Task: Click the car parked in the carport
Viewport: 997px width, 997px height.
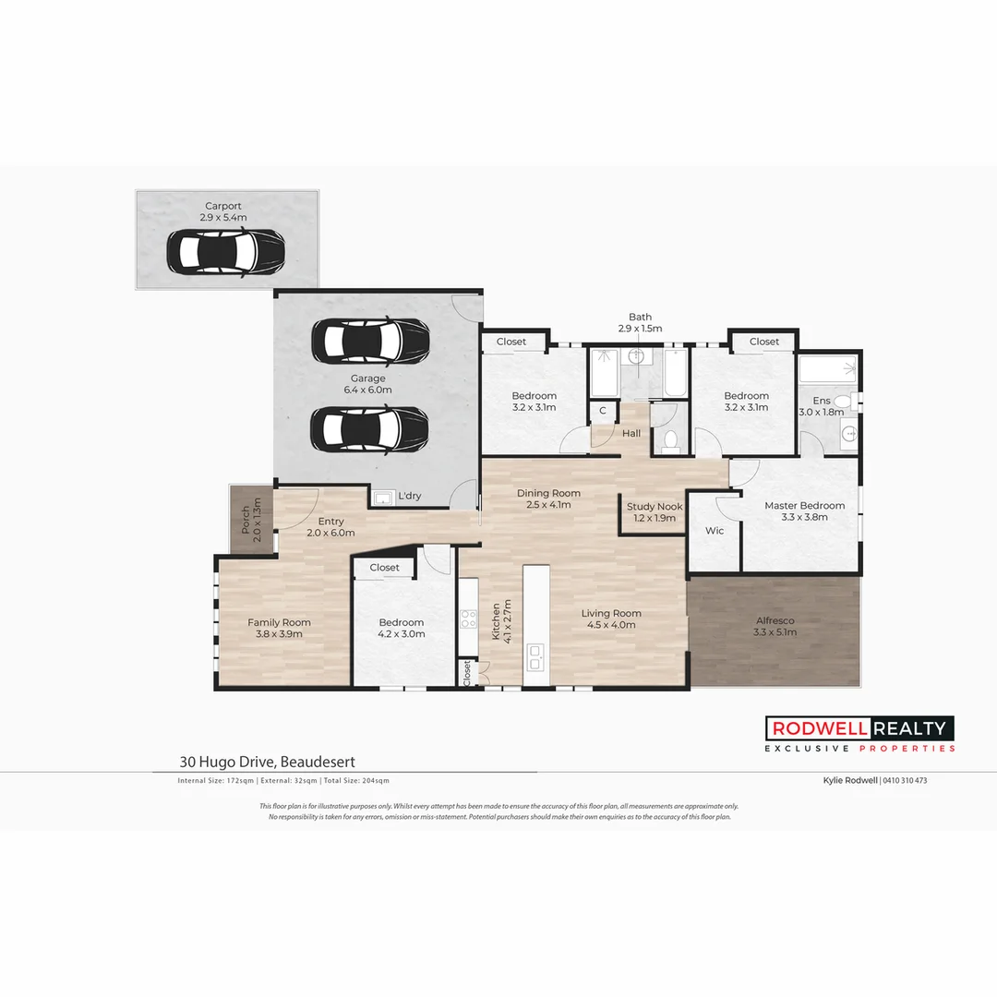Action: pyautogui.click(x=225, y=250)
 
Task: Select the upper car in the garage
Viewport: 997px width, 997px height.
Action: pyautogui.click(x=369, y=342)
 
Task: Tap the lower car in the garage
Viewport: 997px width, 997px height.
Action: pyautogui.click(x=369, y=427)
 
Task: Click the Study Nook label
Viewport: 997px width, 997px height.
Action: pyautogui.click(x=655, y=506)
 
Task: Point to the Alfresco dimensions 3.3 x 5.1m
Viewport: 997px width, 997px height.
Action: pyautogui.click(x=775, y=632)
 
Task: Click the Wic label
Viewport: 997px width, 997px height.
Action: pyautogui.click(x=715, y=531)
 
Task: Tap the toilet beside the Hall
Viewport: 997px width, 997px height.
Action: pyautogui.click(x=671, y=440)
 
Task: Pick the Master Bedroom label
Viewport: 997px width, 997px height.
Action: pyautogui.click(x=804, y=505)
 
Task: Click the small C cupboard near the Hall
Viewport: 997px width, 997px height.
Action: pyautogui.click(x=603, y=411)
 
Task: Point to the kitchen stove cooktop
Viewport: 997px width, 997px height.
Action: pyautogui.click(x=468, y=617)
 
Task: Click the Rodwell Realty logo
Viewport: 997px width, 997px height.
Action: pyautogui.click(x=859, y=734)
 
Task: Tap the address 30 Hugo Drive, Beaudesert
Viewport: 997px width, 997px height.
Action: pyautogui.click(x=268, y=763)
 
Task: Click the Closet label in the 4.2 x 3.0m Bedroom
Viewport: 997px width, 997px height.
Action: pyautogui.click(x=384, y=568)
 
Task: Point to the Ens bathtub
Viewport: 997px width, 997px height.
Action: pyautogui.click(x=828, y=371)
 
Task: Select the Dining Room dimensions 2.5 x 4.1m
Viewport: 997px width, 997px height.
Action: pyautogui.click(x=548, y=505)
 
